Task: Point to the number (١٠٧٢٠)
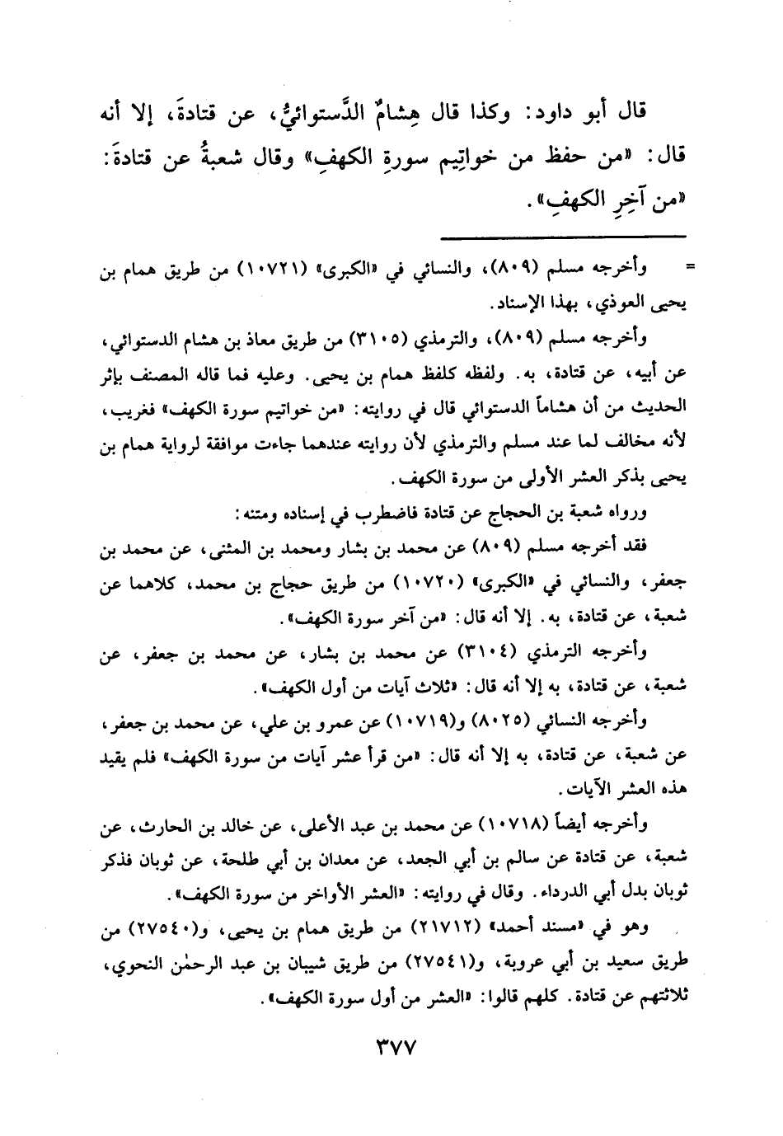tap(421, 583)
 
